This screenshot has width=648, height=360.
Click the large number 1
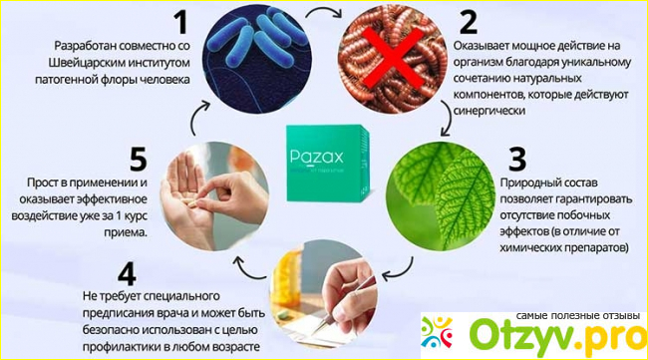coord(181,22)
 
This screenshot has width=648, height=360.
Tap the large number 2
coord(469,22)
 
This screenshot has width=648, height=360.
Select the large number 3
coord(517,159)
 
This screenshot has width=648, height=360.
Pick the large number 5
coord(138,160)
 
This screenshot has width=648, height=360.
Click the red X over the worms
coord(394,58)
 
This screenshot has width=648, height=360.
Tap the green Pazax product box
coord(328,164)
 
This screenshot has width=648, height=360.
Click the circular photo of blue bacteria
coord(257,58)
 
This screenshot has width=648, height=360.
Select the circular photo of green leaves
coord(441,196)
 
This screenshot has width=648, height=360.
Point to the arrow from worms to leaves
coord(448,119)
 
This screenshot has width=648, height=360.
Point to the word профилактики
coord(122,346)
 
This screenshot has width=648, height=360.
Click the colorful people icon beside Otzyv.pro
coord(437,332)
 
